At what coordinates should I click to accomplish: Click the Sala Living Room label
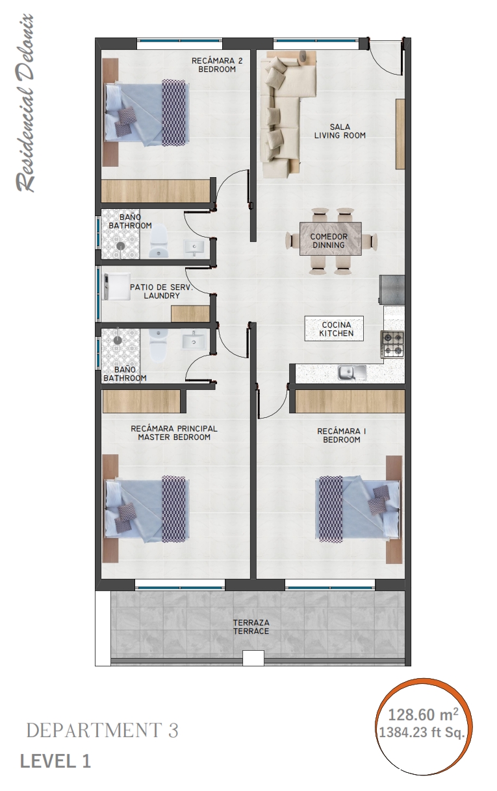click(340, 131)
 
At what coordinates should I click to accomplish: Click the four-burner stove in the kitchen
click(392, 344)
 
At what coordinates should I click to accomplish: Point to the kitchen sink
click(351, 372)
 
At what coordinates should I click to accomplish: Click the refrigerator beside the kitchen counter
click(392, 289)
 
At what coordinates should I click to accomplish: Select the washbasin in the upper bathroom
click(194, 246)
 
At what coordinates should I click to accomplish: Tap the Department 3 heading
click(102, 731)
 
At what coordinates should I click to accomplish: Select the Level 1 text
click(55, 761)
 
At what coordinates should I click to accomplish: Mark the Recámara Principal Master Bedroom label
click(173, 433)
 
